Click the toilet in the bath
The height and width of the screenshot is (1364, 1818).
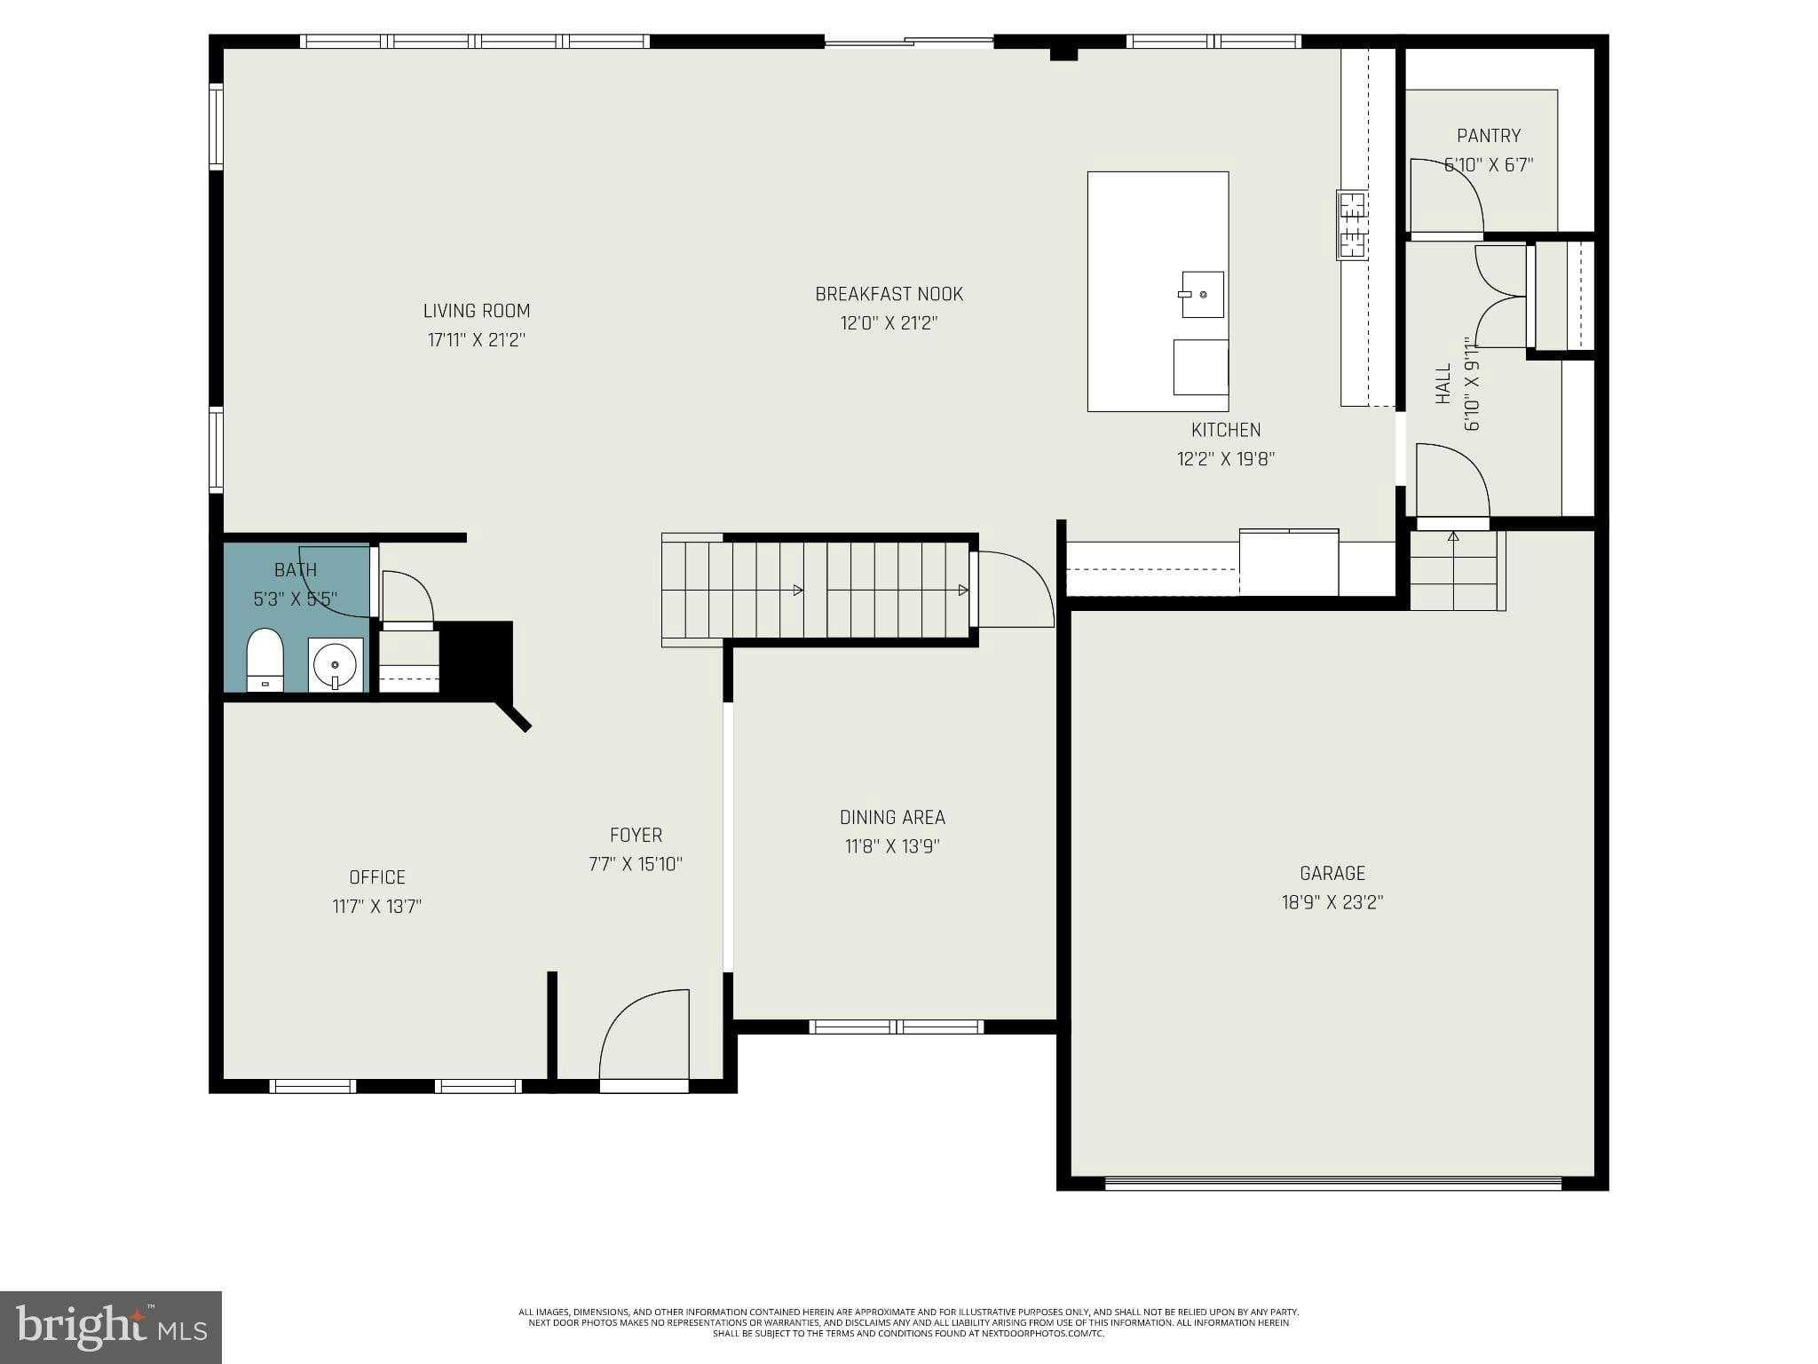tap(264, 659)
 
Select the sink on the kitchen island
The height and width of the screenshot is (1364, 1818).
tap(1202, 294)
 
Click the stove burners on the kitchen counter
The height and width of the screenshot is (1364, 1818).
tap(1352, 225)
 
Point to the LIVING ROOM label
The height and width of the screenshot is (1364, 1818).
tap(477, 311)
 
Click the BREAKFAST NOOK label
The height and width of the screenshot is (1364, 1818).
tap(889, 294)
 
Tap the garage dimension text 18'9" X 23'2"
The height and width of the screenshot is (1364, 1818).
tap(1332, 902)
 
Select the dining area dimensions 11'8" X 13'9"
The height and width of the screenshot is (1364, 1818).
tap(892, 846)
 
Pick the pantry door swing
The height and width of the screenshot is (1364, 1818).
tap(1446, 197)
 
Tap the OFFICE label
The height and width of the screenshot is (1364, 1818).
tap(377, 877)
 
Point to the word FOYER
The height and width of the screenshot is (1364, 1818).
tap(636, 835)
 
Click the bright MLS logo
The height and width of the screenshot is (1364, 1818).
tap(111, 1327)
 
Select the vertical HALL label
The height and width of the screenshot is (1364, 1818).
tap(1443, 384)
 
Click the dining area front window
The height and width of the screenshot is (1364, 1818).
tap(897, 1027)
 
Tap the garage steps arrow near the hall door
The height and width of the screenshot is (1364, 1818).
tap(1453, 537)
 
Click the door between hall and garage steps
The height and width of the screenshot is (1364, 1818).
tap(1452, 484)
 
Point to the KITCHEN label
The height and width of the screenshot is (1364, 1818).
tap(1226, 430)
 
